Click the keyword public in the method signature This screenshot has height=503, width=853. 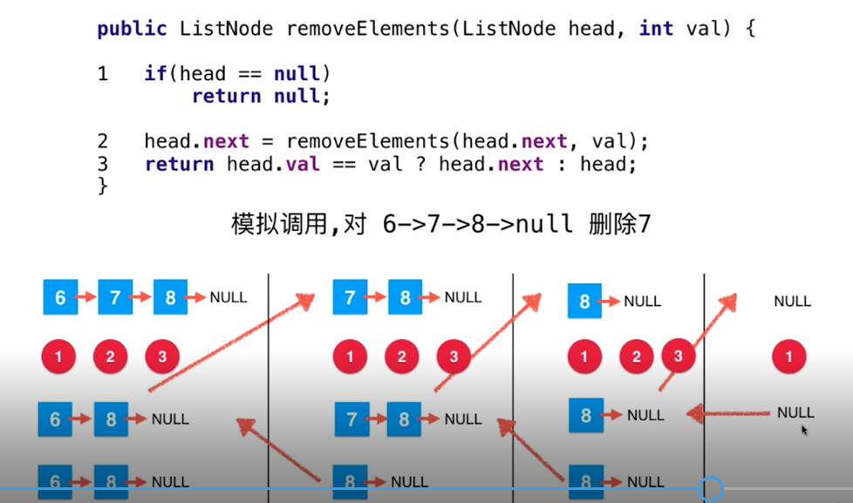click(132, 29)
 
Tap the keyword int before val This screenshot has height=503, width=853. click(656, 28)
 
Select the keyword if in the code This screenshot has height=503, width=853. click(155, 73)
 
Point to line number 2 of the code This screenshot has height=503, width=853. click(103, 141)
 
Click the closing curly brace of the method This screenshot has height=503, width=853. click(102, 186)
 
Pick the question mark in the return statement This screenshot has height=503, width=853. click(420, 164)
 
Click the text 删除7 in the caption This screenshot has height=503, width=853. click(619, 223)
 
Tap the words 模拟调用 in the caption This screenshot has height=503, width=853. click(279, 223)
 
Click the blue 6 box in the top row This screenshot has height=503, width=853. click(60, 297)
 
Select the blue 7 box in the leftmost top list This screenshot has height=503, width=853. click(115, 297)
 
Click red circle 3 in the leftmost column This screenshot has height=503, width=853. click(162, 357)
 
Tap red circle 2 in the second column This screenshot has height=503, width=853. click(401, 357)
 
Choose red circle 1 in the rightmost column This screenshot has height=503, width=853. click(788, 357)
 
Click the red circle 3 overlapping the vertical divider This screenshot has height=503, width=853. click(679, 357)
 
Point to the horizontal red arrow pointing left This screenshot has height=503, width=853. click(728, 414)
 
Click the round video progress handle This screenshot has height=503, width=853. click(711, 489)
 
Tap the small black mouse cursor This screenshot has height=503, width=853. click(804, 431)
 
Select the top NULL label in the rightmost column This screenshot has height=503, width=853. click(792, 301)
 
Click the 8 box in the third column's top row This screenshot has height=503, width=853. click(585, 301)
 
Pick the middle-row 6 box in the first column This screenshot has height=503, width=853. click(55, 419)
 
